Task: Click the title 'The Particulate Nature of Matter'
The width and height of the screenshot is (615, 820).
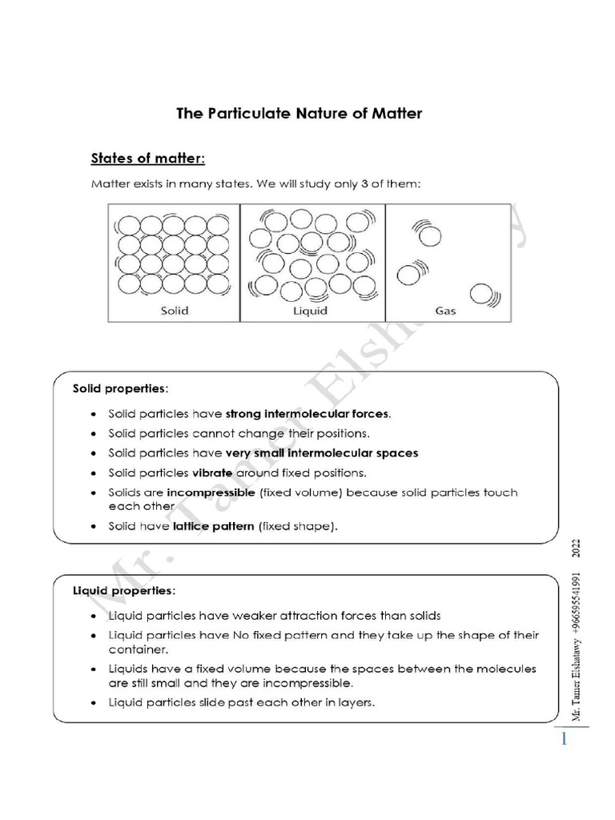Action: [299, 114]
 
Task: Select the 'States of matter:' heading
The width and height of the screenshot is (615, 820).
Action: [152, 157]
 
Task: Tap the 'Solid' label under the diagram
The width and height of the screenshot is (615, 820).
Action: [174, 311]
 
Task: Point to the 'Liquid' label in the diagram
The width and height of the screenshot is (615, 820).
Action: [312, 311]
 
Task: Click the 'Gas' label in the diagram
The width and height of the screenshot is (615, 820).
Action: [444, 311]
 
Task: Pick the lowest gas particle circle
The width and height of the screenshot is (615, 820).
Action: [482, 295]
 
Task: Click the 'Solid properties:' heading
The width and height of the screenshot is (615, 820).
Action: [120, 388]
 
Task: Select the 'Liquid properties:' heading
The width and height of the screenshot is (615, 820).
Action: [123, 590]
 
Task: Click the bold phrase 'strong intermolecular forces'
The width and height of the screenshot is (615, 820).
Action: [307, 414]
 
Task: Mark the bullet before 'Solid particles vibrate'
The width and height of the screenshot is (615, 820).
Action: [94, 473]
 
